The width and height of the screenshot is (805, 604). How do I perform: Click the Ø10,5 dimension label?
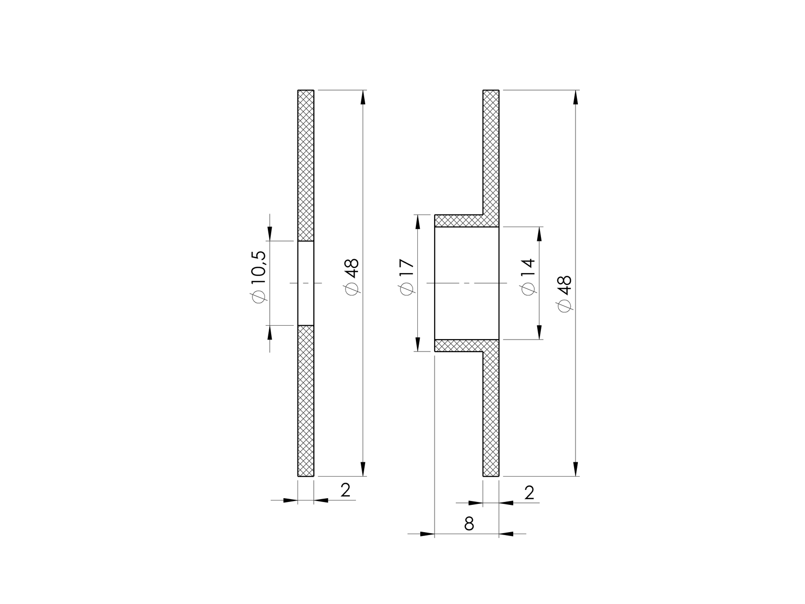point(257,283)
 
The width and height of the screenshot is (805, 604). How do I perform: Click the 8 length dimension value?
point(469,524)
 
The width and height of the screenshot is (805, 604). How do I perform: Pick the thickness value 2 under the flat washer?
point(345,490)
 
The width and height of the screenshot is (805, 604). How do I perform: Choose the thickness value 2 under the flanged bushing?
point(529,493)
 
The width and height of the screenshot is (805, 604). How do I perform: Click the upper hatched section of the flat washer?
point(306,165)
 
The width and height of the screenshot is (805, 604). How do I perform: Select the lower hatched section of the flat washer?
point(306,401)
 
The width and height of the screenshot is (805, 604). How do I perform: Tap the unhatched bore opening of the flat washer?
point(306,283)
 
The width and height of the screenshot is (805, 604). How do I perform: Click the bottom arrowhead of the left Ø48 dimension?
point(363,469)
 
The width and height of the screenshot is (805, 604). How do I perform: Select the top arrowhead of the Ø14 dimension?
point(539,234)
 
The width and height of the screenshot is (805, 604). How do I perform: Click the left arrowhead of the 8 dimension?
point(427,534)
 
